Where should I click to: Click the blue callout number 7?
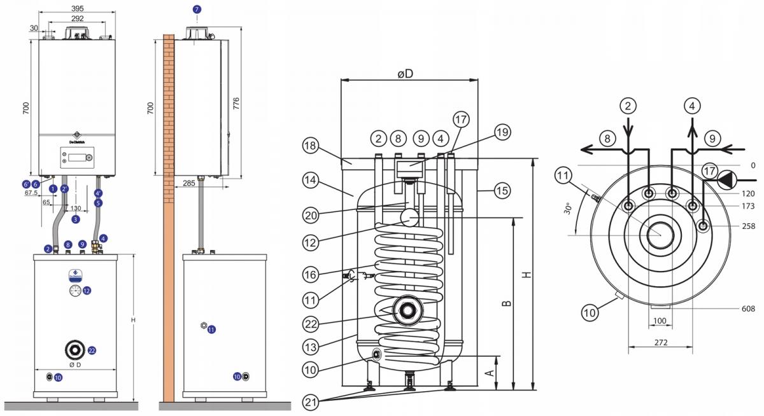click(196, 10)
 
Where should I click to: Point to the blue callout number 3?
click(76, 219)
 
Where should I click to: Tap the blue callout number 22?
click(92, 350)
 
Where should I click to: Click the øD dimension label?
click(405, 74)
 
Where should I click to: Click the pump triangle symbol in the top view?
click(725, 179)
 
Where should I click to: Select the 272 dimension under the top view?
click(660, 343)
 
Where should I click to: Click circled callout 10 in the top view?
click(590, 312)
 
